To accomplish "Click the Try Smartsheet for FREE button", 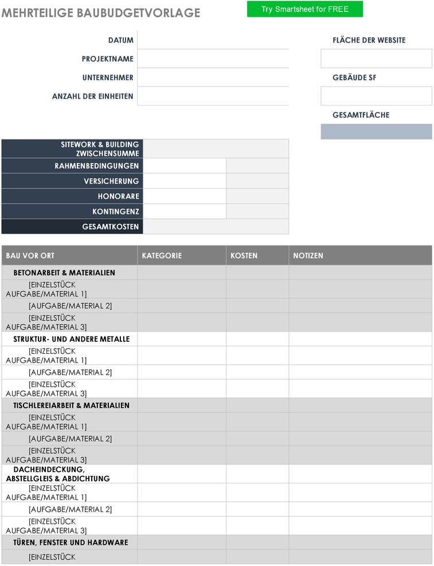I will tap(304, 9).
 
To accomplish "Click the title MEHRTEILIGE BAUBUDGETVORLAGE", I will tap(101, 13).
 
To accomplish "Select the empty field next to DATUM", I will tap(213, 40).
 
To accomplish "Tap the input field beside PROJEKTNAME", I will tap(213, 58).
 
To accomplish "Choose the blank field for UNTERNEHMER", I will tap(213, 77).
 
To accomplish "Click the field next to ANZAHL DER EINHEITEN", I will tap(213, 96).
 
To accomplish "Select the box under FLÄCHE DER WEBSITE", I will tap(376, 58).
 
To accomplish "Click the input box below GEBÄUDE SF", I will tap(376, 96).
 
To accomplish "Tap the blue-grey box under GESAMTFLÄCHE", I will tap(376, 131).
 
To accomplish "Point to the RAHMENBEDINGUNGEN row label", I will tap(96, 166).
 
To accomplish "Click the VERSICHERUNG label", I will tap(111, 181).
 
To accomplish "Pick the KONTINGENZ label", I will tap(115, 212).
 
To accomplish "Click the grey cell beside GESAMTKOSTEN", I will tap(216, 227).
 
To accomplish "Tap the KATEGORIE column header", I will tap(162, 256).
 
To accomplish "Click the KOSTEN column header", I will tap(244, 256).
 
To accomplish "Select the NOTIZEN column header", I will tap(308, 256).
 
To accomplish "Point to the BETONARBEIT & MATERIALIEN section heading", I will tap(64, 273).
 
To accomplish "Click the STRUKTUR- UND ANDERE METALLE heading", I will tap(72, 339).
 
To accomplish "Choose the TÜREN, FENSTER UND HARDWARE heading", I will tap(71, 542).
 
